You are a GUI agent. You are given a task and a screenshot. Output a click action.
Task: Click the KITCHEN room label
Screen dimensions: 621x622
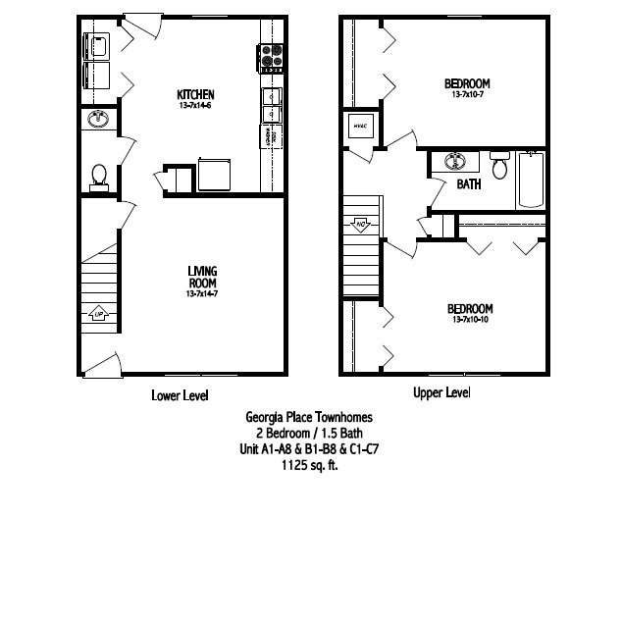(x=196, y=94)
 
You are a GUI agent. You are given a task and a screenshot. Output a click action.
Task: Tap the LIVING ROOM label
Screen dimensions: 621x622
(x=201, y=276)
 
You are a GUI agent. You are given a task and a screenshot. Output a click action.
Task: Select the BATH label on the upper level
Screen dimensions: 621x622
(x=467, y=183)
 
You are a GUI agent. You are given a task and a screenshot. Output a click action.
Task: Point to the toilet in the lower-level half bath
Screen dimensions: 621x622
(x=98, y=175)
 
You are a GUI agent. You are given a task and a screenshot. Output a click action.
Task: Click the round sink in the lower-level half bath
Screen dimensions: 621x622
(x=98, y=120)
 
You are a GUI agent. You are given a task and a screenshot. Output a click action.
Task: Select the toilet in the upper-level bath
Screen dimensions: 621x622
(x=498, y=166)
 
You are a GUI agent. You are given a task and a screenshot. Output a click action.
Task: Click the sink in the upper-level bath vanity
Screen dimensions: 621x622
(x=454, y=161)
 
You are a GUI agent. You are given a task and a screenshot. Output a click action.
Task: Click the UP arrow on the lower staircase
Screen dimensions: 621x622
(x=98, y=314)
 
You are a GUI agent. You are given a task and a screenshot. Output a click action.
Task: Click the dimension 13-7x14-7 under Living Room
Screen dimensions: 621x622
(x=201, y=293)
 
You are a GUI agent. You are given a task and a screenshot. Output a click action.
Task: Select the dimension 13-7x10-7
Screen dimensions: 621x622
(x=467, y=95)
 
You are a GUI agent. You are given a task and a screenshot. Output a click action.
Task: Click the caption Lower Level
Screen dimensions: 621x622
(x=181, y=394)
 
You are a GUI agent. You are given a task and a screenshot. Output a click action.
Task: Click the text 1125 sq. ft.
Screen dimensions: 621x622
(x=309, y=466)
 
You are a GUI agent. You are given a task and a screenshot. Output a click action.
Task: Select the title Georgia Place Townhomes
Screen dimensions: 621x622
(x=309, y=416)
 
